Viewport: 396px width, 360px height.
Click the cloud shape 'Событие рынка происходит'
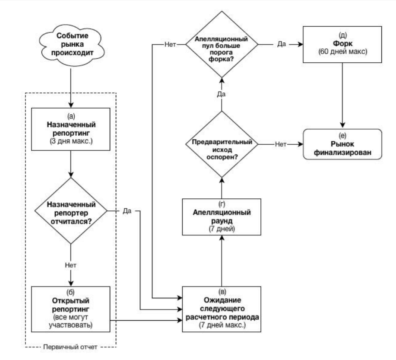point(72,45)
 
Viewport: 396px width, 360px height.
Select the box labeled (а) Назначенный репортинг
point(71,129)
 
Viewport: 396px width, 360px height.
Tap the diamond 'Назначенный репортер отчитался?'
point(71,210)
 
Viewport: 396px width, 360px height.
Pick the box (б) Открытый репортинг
point(71,309)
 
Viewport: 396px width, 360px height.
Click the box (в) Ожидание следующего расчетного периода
point(222,309)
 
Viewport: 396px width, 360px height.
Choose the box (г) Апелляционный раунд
point(222,217)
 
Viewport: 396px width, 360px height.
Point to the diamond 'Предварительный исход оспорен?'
point(222,144)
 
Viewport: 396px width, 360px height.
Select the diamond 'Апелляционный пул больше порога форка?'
point(222,44)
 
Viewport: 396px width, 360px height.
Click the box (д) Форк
point(342,44)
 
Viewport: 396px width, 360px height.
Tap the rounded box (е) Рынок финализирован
point(342,144)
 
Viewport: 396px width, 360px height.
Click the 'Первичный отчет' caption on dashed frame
point(70,347)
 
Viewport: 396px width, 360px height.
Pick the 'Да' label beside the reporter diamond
point(127,210)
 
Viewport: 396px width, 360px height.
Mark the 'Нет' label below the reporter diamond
point(71,265)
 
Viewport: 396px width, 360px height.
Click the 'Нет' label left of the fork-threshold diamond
point(170,44)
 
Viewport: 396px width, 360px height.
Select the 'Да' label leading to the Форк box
point(282,44)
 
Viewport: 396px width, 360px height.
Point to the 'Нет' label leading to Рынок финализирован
point(281,144)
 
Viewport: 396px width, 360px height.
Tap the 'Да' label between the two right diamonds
point(221,94)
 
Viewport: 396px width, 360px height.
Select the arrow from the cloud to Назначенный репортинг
point(71,87)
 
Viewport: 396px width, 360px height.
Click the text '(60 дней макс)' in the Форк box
point(343,51)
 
